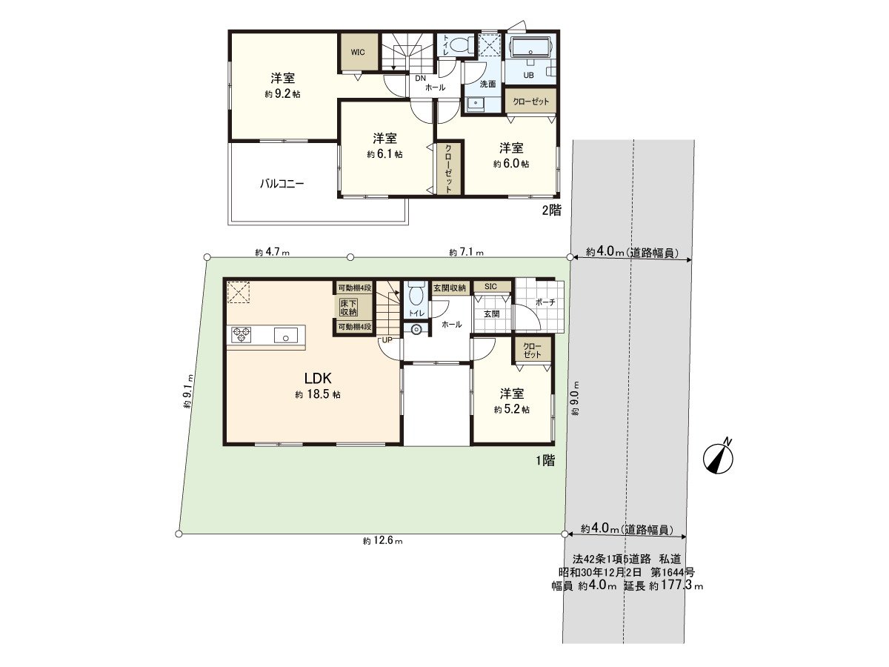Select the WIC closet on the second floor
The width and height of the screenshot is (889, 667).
click(x=358, y=52)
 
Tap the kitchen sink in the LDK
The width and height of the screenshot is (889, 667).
click(x=284, y=336)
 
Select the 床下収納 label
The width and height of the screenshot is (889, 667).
click(x=348, y=307)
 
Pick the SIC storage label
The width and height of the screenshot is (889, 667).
click(x=490, y=287)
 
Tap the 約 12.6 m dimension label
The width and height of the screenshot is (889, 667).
click(x=383, y=542)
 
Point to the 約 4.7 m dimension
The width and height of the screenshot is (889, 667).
click(x=272, y=252)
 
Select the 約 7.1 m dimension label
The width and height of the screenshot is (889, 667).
click(x=466, y=252)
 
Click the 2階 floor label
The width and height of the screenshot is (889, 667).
click(x=551, y=210)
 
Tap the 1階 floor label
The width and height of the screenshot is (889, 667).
click(x=545, y=460)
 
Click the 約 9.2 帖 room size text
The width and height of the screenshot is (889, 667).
click(x=282, y=94)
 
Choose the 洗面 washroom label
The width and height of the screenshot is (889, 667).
click(x=487, y=84)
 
